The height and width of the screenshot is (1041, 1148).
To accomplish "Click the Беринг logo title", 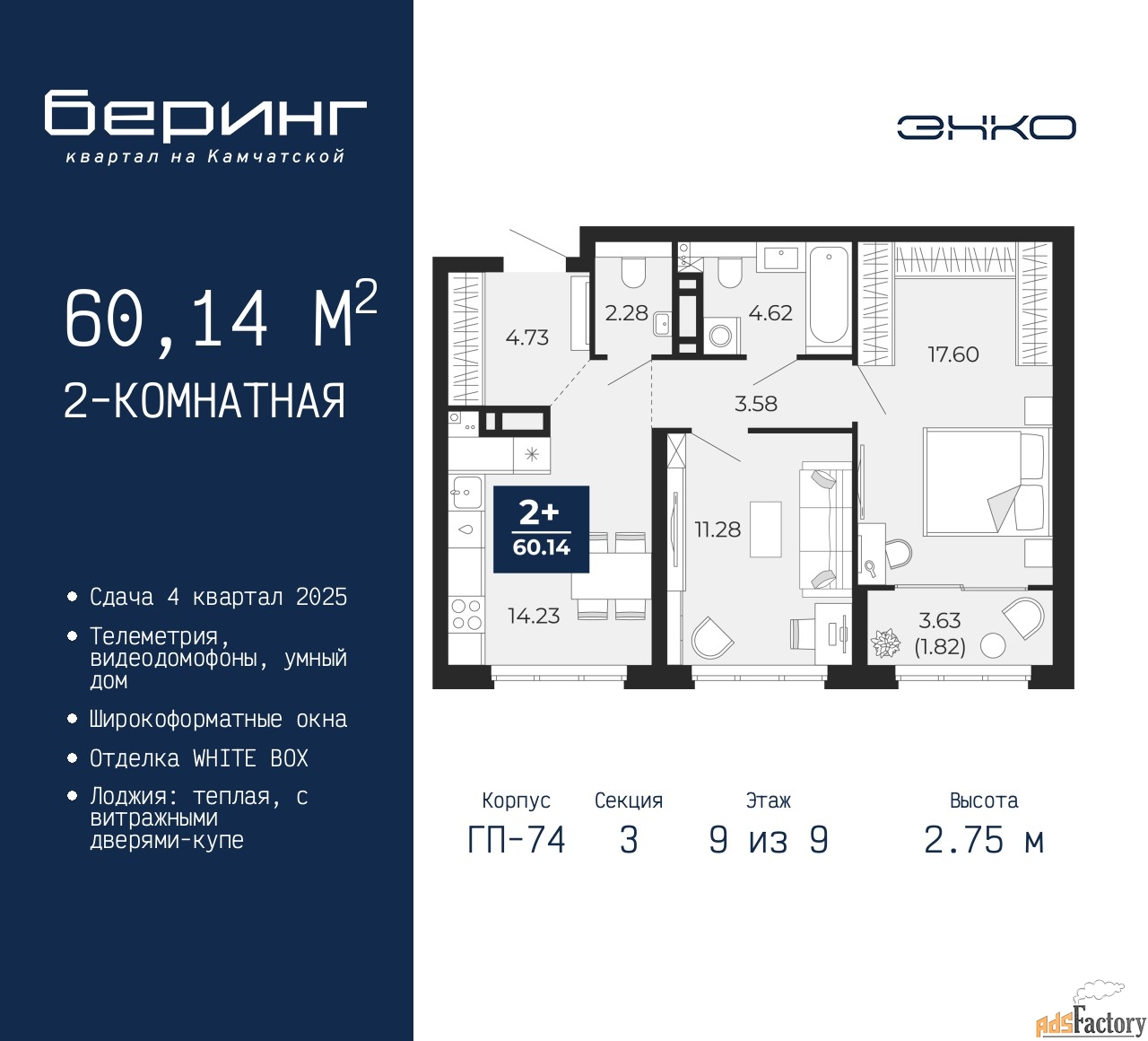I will point(205,116).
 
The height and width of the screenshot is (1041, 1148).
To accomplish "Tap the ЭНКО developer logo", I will point(986,127).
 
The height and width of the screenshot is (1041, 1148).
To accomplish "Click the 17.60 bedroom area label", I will point(952,354).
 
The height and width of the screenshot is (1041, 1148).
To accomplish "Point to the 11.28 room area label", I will point(717,529).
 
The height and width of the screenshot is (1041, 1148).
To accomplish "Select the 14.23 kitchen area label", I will point(534,616).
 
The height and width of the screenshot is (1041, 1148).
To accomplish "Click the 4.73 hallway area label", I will point(526,337).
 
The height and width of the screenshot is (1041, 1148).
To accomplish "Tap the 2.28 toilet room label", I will point(626,313).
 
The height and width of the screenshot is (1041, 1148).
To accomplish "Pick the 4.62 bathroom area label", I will point(770,313).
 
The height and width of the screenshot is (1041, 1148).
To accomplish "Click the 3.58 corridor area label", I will point(756,404).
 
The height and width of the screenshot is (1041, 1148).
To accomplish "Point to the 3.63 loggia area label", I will point(939,620).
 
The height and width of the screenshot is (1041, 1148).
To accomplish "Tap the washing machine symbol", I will point(720,336).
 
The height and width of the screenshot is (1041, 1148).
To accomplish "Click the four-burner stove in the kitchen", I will point(466,614).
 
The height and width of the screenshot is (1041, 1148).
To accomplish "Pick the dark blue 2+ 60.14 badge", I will point(541,529).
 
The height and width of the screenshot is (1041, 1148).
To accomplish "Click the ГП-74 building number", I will point(517,840).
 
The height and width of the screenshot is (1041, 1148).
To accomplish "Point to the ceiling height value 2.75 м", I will point(984,840).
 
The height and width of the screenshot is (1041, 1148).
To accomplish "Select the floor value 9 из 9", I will point(769,840).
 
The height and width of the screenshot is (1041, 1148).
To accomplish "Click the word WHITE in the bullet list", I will point(224,758).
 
